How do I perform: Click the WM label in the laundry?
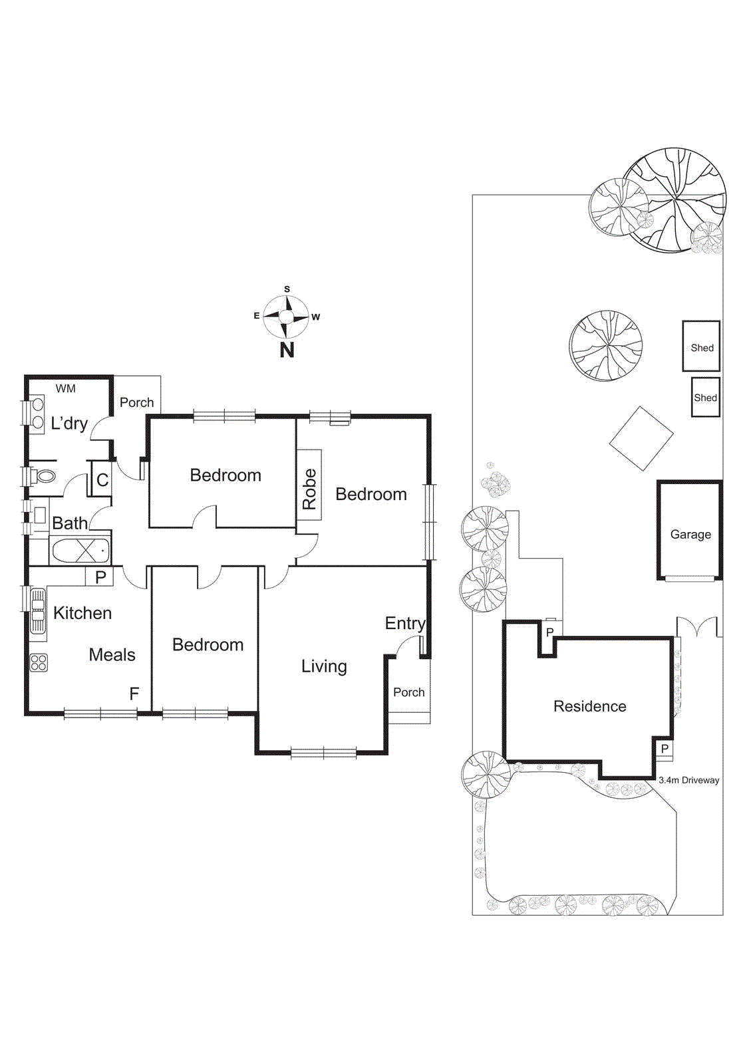(x=65, y=388)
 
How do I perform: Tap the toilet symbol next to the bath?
(x=45, y=476)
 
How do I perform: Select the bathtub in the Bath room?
(x=80, y=551)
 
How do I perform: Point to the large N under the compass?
(x=287, y=350)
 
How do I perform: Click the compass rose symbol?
(x=286, y=317)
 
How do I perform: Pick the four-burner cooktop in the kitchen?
(x=39, y=662)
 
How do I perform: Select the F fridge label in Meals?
(x=134, y=694)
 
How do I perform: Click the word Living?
(x=324, y=666)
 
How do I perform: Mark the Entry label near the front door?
(x=404, y=623)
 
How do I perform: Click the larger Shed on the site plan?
(x=701, y=346)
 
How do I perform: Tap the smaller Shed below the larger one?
(x=705, y=398)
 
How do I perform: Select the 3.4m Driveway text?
(x=688, y=780)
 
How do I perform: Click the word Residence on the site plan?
(x=589, y=706)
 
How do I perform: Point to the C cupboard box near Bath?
(x=102, y=479)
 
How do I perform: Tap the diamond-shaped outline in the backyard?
(x=641, y=438)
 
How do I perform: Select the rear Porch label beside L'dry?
(x=136, y=402)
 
